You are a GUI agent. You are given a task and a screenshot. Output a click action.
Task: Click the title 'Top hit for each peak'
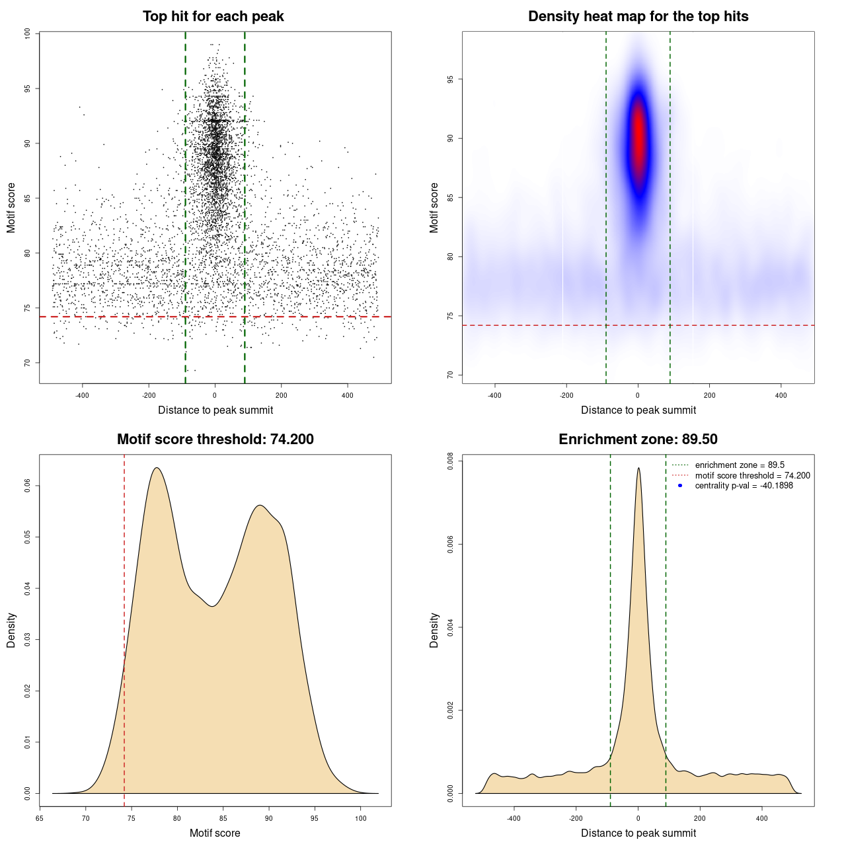coord(213,17)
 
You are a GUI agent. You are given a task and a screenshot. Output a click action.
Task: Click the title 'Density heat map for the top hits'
coord(638,17)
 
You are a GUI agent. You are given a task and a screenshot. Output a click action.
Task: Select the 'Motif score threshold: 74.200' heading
coord(215,440)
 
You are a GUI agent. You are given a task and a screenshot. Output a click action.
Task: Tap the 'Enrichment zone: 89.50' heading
coord(638,440)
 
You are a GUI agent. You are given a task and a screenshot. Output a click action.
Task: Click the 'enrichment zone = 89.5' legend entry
coord(740,465)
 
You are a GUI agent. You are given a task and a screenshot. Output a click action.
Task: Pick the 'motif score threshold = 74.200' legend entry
coord(752,475)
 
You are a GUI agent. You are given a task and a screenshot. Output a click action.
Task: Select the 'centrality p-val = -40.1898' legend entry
coord(744,486)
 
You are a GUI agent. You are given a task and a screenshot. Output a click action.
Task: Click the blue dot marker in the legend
coord(680,486)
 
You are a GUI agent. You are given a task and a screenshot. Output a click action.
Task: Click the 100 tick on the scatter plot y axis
coord(27,34)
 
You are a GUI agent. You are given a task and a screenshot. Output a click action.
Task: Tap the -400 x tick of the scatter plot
coord(82,396)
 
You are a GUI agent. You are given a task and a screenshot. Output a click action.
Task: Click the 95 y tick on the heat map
coord(450,79)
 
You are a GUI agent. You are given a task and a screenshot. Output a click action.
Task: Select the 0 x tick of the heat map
coord(638,396)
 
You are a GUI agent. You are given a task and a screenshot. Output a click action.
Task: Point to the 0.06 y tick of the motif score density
coord(27,486)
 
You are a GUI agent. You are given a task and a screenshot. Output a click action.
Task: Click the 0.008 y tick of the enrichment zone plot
coord(450,461)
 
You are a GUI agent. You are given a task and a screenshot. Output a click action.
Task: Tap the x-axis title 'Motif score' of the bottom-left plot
coord(215,833)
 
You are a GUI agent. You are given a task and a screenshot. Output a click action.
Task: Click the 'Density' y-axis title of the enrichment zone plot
coord(434,630)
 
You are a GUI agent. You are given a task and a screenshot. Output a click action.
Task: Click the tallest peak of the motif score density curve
coord(157,468)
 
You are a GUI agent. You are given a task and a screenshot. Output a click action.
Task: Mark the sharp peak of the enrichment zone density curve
coord(638,468)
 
